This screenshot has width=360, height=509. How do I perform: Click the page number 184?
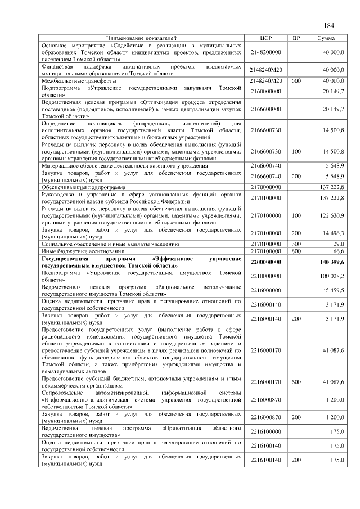pos(329,26)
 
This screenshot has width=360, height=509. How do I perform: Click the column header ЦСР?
pos(267,38)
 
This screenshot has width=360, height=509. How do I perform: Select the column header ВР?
pos(296,38)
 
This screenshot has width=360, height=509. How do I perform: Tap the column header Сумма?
pos(326,38)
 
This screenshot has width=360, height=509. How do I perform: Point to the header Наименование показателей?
pos(141,38)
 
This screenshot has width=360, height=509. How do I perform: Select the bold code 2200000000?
pos(267,263)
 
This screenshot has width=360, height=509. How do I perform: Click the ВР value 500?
pos(296,82)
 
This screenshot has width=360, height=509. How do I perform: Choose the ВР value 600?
pos(296,382)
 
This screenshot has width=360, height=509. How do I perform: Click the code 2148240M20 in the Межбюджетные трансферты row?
pos(267,82)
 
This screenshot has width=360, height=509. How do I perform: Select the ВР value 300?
pos(296,245)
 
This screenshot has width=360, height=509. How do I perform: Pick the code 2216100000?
pos(267,431)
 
